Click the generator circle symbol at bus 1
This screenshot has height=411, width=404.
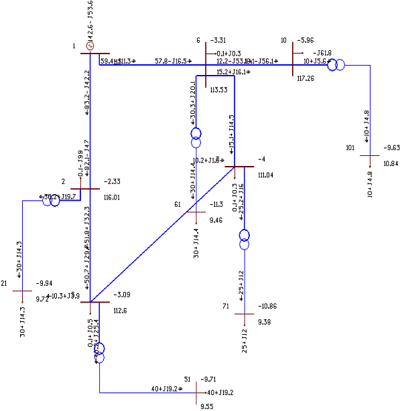coord(90,47)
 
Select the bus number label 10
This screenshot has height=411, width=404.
coord(283,40)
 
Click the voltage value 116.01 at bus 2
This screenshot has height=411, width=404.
coord(111,197)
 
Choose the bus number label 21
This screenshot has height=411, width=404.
coord(4,283)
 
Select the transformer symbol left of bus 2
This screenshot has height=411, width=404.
coord(52,199)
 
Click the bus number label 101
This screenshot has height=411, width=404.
coord(350,147)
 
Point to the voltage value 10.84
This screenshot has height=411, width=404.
coord(391,163)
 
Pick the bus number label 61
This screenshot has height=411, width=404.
coord(178,204)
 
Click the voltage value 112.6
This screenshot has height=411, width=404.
coord(120,310)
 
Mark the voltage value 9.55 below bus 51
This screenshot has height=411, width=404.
coord(207,405)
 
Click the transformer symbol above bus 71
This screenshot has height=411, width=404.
coord(244,238)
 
